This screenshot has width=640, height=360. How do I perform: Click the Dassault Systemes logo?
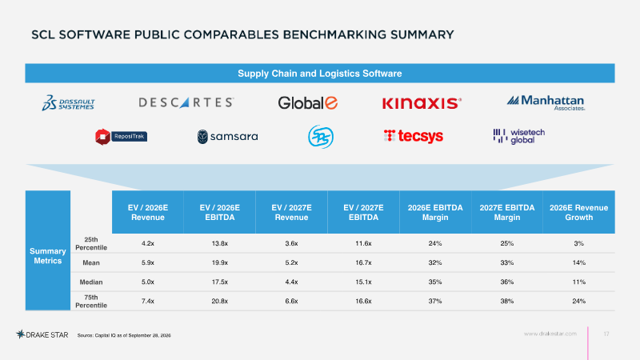coord(68,103)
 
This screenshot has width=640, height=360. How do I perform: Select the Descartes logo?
coord(186,102)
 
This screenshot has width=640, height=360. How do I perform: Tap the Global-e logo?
coord(308,103)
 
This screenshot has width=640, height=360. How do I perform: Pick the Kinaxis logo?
coord(422,103)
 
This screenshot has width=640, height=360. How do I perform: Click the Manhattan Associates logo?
coord(546,102)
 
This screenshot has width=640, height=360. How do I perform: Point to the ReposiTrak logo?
coord(121,137)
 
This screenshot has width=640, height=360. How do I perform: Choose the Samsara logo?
coord(227,137)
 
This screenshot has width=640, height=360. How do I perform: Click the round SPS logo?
coord(321,137)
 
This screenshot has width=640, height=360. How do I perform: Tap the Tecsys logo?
coord(414,136)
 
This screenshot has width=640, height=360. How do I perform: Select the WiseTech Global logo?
coord(518,136)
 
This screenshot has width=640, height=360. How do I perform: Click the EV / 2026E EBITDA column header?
coord(219,212)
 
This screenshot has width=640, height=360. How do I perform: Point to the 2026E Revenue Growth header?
coord(578,212)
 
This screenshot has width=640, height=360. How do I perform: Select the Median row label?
coord(91,282)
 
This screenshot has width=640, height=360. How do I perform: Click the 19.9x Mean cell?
coord(219,263)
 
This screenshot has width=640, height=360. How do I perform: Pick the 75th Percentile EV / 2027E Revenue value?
coord(291,302)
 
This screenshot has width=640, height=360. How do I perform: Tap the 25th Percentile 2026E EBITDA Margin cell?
coord(435,243)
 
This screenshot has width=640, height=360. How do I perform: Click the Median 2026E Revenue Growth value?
coord(578,282)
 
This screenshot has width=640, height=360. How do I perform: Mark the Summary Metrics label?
coord(48,256)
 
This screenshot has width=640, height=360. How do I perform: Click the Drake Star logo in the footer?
coord(42,334)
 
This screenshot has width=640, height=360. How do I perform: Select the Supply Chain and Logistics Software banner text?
coord(320,74)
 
